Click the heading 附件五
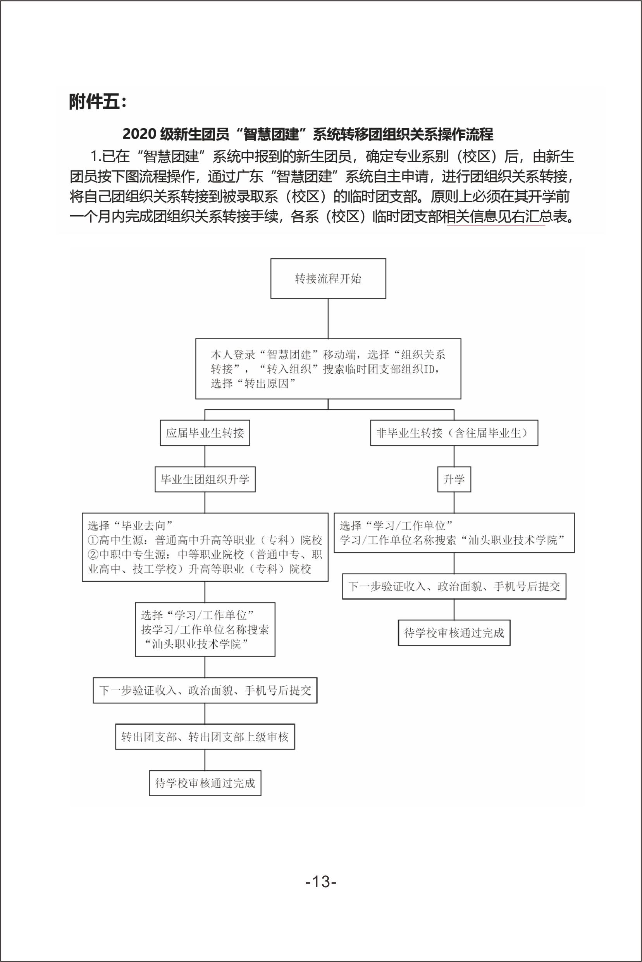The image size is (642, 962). point(98,101)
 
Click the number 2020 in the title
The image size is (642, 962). point(139,134)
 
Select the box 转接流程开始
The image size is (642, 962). point(328,278)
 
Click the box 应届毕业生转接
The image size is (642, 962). point(205,433)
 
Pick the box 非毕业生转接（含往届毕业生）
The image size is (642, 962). point(454,433)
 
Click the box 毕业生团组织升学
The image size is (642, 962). point(205,479)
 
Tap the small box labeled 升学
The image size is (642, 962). point(454,479)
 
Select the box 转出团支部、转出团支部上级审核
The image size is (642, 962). point(205,737)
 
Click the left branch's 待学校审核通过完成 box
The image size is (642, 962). point(205,783)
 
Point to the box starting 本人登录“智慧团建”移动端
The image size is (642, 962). point(328,368)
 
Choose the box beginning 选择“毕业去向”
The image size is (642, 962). point(205,547)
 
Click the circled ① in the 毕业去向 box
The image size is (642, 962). point(93,540)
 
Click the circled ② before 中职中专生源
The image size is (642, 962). point(93,555)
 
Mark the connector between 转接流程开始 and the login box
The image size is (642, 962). point(328,318)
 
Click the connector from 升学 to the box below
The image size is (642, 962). point(454,502)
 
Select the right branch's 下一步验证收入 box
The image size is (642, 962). point(454,586)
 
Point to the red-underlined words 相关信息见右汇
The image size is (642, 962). point(496,216)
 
